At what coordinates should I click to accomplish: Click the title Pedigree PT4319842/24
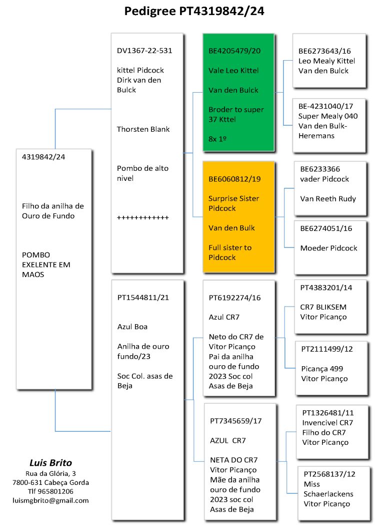(194, 12)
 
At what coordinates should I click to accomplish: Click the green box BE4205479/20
(238, 93)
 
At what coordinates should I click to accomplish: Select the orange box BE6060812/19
(238, 217)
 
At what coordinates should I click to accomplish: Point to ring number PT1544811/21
(143, 297)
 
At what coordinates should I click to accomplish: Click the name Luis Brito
(50, 462)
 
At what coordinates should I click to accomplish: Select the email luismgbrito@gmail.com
(50, 500)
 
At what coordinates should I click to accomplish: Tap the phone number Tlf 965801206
(50, 491)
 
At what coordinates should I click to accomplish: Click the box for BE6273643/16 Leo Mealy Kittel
(327, 61)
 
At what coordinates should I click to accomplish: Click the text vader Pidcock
(324, 179)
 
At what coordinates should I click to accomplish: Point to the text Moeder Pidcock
(328, 248)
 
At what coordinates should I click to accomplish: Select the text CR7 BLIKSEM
(323, 307)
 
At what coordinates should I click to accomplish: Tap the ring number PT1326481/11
(328, 413)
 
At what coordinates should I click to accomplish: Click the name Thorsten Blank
(143, 129)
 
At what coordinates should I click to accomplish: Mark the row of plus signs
(143, 217)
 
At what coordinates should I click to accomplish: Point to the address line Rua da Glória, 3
(50, 473)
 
